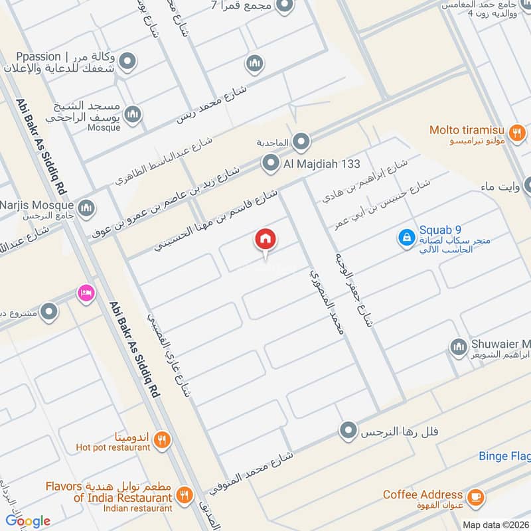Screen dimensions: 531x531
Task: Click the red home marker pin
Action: [x=265, y=240]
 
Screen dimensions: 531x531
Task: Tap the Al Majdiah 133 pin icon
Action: [x=270, y=163]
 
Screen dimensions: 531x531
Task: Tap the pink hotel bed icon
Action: [x=85, y=291]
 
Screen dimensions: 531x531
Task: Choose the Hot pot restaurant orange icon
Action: [x=162, y=439]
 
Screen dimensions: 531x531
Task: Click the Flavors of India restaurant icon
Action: [x=185, y=494]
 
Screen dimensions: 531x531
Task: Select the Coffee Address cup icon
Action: [x=475, y=496]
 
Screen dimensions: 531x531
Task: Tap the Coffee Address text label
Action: [x=423, y=494]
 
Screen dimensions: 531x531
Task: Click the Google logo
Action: [x=29, y=520]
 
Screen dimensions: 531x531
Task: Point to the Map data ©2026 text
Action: [x=495, y=525]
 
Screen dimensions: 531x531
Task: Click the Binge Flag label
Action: [x=504, y=456]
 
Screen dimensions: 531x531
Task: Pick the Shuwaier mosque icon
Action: [x=458, y=346]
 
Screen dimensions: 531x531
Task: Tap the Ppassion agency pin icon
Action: [x=126, y=62]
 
